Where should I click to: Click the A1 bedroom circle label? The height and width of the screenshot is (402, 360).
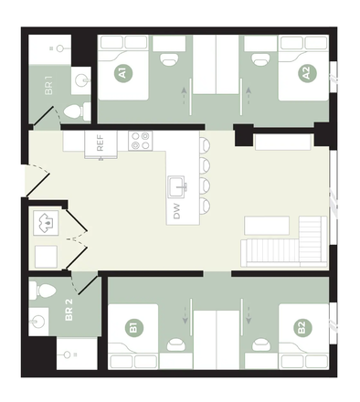click(x=123, y=73)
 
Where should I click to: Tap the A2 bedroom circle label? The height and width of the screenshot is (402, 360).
click(x=307, y=73)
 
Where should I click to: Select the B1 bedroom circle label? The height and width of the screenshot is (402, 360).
click(x=134, y=327)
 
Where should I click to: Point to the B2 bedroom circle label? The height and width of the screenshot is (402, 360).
click(x=302, y=327)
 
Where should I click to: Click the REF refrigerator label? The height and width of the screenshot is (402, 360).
click(x=100, y=143)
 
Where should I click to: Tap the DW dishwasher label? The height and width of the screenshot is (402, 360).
click(x=176, y=211)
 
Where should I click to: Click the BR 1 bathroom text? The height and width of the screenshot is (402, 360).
click(x=48, y=85)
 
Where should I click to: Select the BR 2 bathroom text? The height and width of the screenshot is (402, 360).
click(x=69, y=310)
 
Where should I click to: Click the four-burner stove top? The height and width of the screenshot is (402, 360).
click(x=141, y=141)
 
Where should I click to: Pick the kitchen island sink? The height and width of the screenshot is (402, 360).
click(x=176, y=186)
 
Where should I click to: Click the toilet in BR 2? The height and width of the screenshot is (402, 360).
click(x=43, y=291)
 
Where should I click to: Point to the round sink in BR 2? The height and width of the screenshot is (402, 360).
click(x=37, y=322)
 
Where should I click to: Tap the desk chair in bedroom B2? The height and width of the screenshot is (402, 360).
click(x=261, y=345)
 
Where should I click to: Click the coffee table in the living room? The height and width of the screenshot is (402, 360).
click(x=267, y=226)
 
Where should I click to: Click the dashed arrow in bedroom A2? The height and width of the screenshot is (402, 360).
click(x=249, y=96)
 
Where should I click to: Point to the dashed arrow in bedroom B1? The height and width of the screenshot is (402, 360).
click(x=185, y=315)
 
